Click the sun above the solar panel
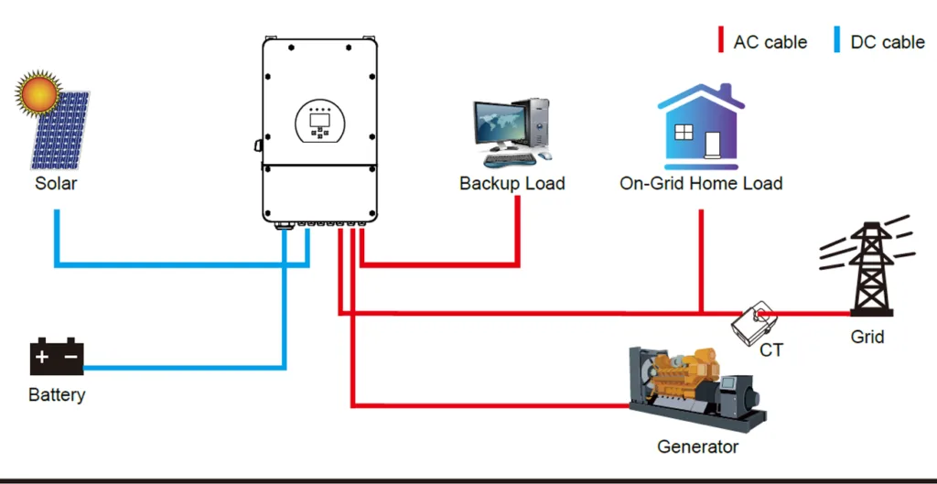pos(39,92)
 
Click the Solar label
pos(56,183)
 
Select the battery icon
pos(57,357)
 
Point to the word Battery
pos(57,395)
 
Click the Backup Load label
pos(512,183)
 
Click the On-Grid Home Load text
pos(701,183)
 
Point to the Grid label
pos(867,337)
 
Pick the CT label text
pos(771,350)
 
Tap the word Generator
pos(697,447)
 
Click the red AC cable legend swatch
pos(720,41)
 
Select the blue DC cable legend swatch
pos(836,41)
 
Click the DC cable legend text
pos(887,42)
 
